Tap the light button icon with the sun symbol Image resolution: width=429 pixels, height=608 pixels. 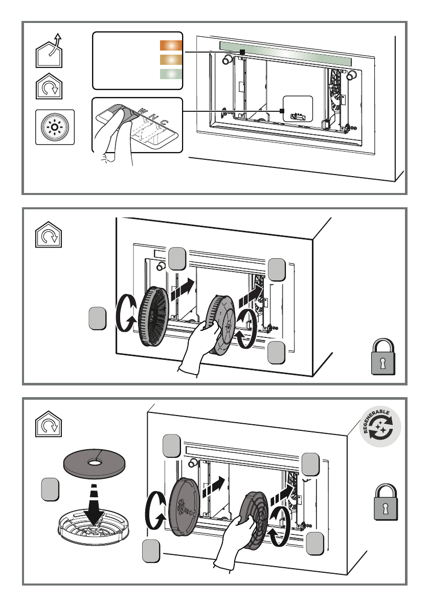[x=55, y=127]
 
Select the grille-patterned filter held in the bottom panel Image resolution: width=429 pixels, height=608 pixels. [x=257, y=521]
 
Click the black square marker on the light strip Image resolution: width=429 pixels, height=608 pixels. [x=243, y=53]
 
